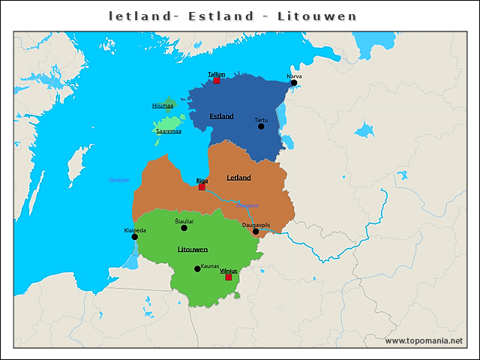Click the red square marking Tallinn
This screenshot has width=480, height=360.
pos(217,80)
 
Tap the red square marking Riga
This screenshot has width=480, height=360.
pos(202,187)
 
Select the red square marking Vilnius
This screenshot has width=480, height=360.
pos(229,277)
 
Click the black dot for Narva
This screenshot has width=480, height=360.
pos(294,83)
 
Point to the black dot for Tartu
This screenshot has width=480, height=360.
pos(261,126)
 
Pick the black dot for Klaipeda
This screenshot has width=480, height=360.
pos(135,237)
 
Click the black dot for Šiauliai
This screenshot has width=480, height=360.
pos(184,228)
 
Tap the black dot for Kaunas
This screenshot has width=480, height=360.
pos(197,268)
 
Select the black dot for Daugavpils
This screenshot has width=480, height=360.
pos(256,231)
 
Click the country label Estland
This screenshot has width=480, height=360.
pos(221,116)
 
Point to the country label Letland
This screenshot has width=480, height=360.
pos(238,178)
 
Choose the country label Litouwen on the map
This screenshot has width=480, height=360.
pos(193,248)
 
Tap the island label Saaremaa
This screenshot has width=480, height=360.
pos(169,131)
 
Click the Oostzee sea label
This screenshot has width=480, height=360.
pos(118,180)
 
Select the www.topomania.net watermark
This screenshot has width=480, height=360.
pos(423,340)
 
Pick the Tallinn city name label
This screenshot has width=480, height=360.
pos(216,73)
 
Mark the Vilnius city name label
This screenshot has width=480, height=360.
pos(228,270)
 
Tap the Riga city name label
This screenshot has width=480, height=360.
pos(202,181)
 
